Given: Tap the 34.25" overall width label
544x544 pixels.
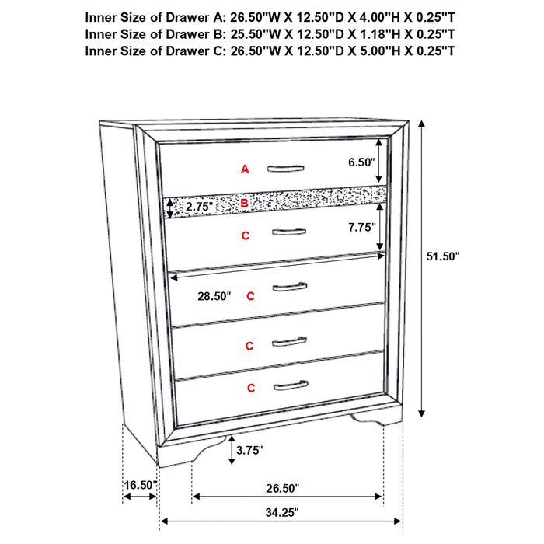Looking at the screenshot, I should coord(281,512).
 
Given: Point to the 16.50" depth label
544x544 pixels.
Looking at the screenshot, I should coord(140,486).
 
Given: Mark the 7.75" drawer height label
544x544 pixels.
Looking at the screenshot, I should coord(361,228).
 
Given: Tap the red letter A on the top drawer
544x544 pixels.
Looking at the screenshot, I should coord(245,169).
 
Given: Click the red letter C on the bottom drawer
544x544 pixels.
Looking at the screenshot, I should coord(251,387).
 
